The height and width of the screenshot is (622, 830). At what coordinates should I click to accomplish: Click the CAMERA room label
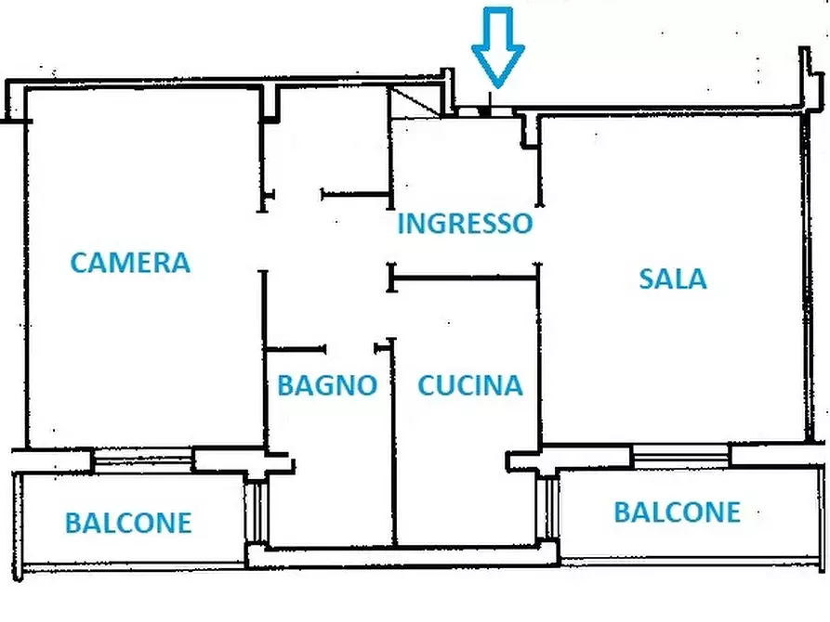tap(130, 263)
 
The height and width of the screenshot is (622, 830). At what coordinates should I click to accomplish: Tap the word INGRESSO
tap(465, 224)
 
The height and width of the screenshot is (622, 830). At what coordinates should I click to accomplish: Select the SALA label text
tap(672, 279)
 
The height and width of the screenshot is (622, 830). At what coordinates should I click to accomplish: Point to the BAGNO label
tap(327, 385)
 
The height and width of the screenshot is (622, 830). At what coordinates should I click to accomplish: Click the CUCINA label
tap(469, 385)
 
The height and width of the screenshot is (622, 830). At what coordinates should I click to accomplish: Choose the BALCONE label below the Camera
tap(128, 523)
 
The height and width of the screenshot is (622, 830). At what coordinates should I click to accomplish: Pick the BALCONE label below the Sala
tap(677, 512)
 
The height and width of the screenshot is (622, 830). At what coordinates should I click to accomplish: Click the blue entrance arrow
tap(497, 46)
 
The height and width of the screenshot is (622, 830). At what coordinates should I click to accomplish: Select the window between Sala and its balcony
tap(681, 455)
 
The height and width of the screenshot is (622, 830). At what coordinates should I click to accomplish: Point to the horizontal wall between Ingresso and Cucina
tap(465, 276)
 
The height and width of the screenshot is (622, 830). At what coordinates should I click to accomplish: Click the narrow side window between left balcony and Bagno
tap(259, 511)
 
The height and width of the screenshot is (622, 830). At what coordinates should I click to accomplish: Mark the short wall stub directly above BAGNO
tap(296, 349)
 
